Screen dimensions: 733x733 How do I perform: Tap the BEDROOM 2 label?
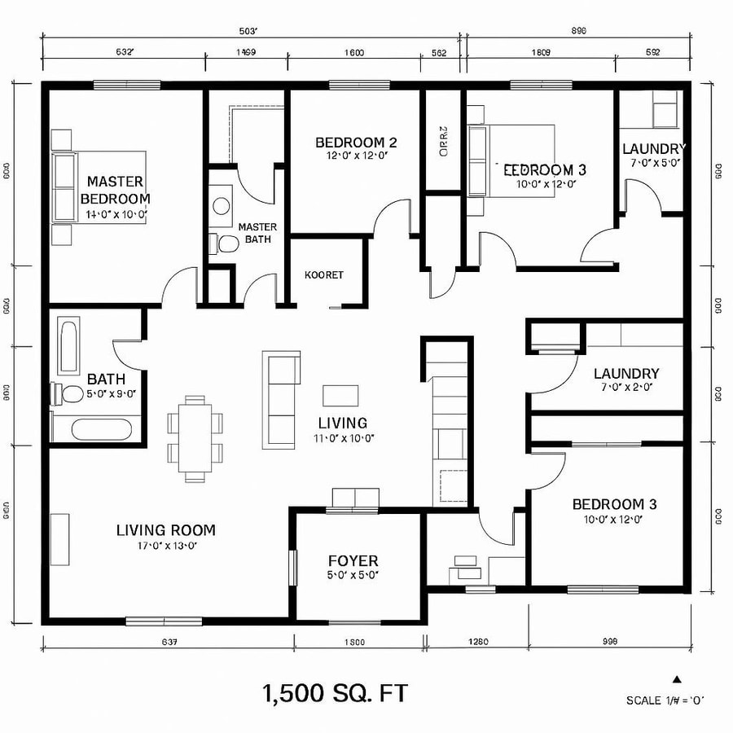(x=356, y=143)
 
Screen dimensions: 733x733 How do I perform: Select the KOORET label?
(x=323, y=275)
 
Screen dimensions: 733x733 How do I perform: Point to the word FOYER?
(x=353, y=560)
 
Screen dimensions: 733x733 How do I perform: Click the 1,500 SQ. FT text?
(x=334, y=694)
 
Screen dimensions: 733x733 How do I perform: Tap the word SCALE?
(x=643, y=700)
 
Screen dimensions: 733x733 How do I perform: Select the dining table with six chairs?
(x=195, y=438)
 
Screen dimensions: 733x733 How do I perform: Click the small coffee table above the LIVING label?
(x=340, y=395)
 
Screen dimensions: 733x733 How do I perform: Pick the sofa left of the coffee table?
(x=280, y=399)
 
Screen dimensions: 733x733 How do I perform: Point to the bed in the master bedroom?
(x=98, y=186)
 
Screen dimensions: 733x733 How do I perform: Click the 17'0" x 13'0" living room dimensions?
(x=165, y=546)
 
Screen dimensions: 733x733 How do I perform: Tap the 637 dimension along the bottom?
(x=169, y=642)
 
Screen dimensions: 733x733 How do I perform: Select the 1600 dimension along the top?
(x=353, y=54)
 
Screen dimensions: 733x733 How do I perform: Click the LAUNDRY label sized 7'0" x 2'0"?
(x=626, y=374)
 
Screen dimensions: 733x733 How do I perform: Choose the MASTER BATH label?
(x=257, y=233)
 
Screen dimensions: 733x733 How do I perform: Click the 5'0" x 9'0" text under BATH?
(x=111, y=393)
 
